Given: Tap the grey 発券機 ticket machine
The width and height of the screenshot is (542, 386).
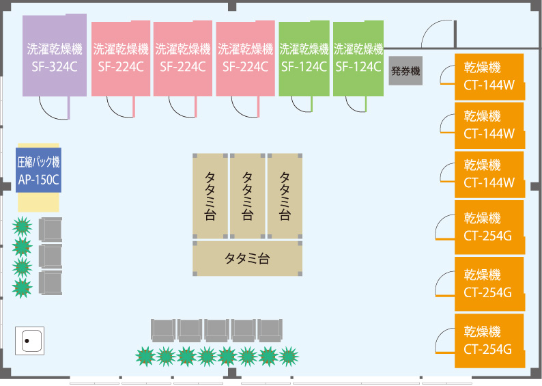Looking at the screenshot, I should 405,70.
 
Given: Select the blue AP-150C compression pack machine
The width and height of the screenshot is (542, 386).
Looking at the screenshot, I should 39,170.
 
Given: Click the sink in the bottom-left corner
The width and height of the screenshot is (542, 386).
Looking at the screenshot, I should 29,340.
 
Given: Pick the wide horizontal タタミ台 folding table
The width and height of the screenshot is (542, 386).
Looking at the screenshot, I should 247,258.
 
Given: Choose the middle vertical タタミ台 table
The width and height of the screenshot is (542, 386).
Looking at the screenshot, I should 247,195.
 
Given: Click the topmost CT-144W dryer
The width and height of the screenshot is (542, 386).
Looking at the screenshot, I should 489,77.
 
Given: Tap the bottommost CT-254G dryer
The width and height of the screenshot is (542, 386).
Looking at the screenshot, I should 489,340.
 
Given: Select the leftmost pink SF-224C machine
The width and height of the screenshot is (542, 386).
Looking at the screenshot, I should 121,58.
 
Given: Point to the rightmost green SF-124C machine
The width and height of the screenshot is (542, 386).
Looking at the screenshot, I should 358,58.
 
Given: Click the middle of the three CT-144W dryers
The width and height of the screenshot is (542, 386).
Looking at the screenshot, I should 489,126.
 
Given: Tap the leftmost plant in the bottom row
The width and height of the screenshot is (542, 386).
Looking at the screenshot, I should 145,356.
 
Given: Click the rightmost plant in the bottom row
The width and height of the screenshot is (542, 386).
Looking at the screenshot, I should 289,356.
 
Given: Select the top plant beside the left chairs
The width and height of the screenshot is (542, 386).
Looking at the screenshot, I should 23,225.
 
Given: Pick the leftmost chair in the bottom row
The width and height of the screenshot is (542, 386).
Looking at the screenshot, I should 162,330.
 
